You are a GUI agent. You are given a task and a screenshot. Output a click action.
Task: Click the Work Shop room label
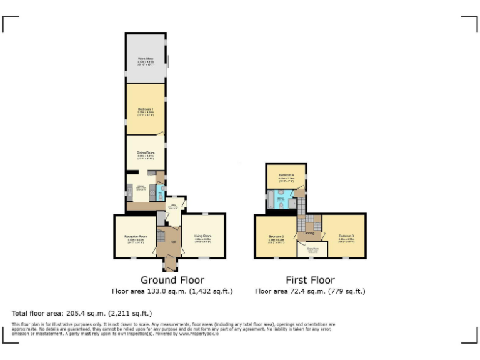tap(146, 59)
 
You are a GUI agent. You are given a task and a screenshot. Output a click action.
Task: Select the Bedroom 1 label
tap(146, 110)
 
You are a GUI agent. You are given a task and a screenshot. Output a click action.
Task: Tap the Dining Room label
tap(146, 152)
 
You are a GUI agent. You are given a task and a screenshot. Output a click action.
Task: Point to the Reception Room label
tap(136, 237)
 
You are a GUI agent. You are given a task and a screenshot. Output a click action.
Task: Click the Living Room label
tap(203, 237)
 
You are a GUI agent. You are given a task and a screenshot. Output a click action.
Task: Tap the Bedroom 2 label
tap(276, 237)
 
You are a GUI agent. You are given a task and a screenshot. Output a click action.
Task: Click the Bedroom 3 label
tap(346, 237)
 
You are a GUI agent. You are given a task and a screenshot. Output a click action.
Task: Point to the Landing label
tap(308, 233)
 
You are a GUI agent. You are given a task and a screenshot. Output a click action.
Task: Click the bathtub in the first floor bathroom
tap(270, 200)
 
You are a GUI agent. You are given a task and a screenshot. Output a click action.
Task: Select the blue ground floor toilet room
tap(161, 192)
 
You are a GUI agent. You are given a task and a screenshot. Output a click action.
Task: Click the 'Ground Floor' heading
tap(172, 280)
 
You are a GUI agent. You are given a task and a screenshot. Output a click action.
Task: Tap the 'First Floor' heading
tap(310, 280)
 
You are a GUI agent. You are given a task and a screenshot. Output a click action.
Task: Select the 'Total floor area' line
tap(82, 313)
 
